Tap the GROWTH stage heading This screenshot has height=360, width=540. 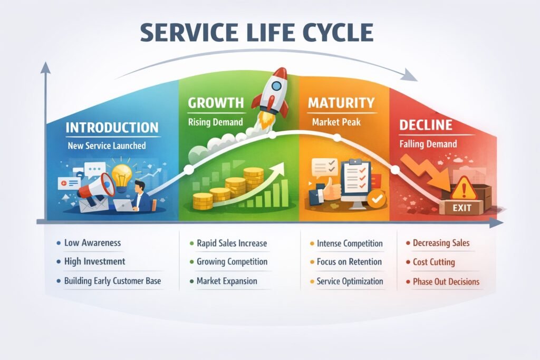(x=216, y=102)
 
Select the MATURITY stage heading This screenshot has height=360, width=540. (x=341, y=102)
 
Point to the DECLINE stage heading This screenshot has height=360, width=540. (x=426, y=125)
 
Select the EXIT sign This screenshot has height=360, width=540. (x=461, y=208)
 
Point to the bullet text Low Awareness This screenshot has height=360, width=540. (x=92, y=243)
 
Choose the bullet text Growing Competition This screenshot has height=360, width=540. (x=232, y=261)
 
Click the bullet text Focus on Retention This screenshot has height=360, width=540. (x=349, y=261)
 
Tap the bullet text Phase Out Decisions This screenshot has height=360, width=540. (x=446, y=281)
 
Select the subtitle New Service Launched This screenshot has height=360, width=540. (x=107, y=145)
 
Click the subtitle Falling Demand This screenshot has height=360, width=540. (x=428, y=143)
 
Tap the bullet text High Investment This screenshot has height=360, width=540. (x=94, y=261)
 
